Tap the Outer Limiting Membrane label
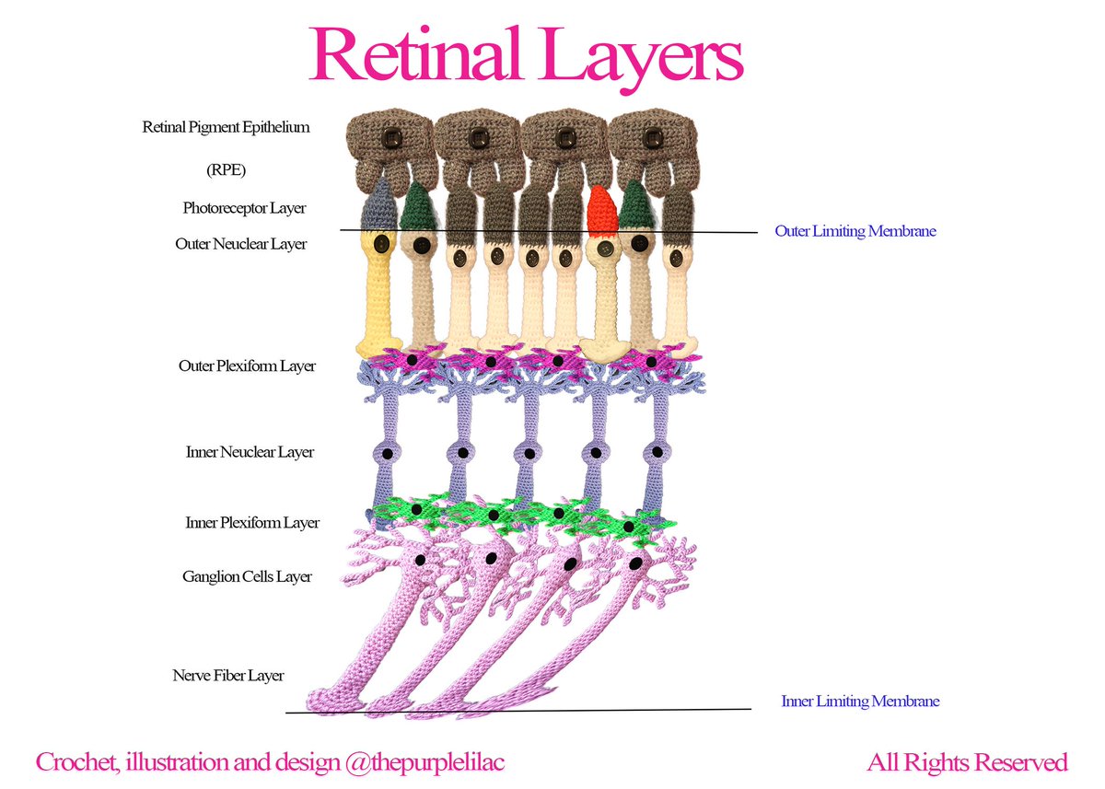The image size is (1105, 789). click(855, 231)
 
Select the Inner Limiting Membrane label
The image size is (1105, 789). click(860, 702)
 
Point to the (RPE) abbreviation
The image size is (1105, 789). click(226, 170)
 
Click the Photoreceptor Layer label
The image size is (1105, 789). click(244, 208)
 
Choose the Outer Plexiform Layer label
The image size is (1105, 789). click(247, 366)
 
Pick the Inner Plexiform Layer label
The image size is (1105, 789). click(252, 523)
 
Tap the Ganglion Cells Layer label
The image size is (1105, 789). click(247, 577)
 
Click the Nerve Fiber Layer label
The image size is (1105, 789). click(228, 676)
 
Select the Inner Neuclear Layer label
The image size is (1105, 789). click(250, 453)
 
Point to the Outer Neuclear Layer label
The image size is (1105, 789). click(241, 245)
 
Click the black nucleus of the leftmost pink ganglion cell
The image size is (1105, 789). click(420, 559)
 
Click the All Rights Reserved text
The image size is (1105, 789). click(967, 763)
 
